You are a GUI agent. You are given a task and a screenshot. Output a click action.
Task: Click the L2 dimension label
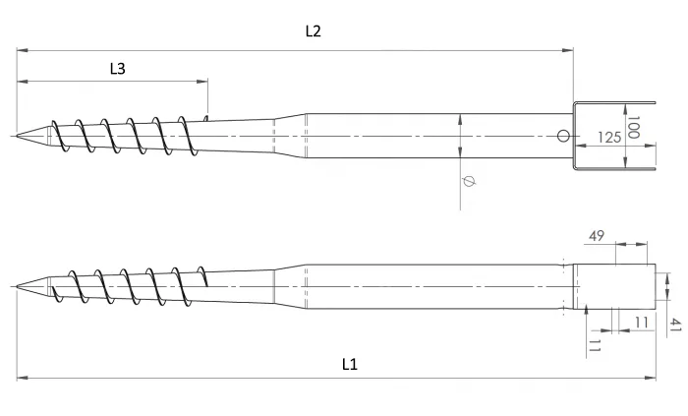(313, 30)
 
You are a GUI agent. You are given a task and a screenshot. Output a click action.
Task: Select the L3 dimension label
(117, 68)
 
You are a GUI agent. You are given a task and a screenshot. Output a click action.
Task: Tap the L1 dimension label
(349, 364)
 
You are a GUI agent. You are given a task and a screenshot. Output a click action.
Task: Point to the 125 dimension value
(609, 139)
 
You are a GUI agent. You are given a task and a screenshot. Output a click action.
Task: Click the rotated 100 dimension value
(634, 126)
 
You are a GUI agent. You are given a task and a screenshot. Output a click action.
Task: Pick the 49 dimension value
(597, 236)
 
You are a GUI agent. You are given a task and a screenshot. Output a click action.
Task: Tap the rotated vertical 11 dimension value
(595, 344)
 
